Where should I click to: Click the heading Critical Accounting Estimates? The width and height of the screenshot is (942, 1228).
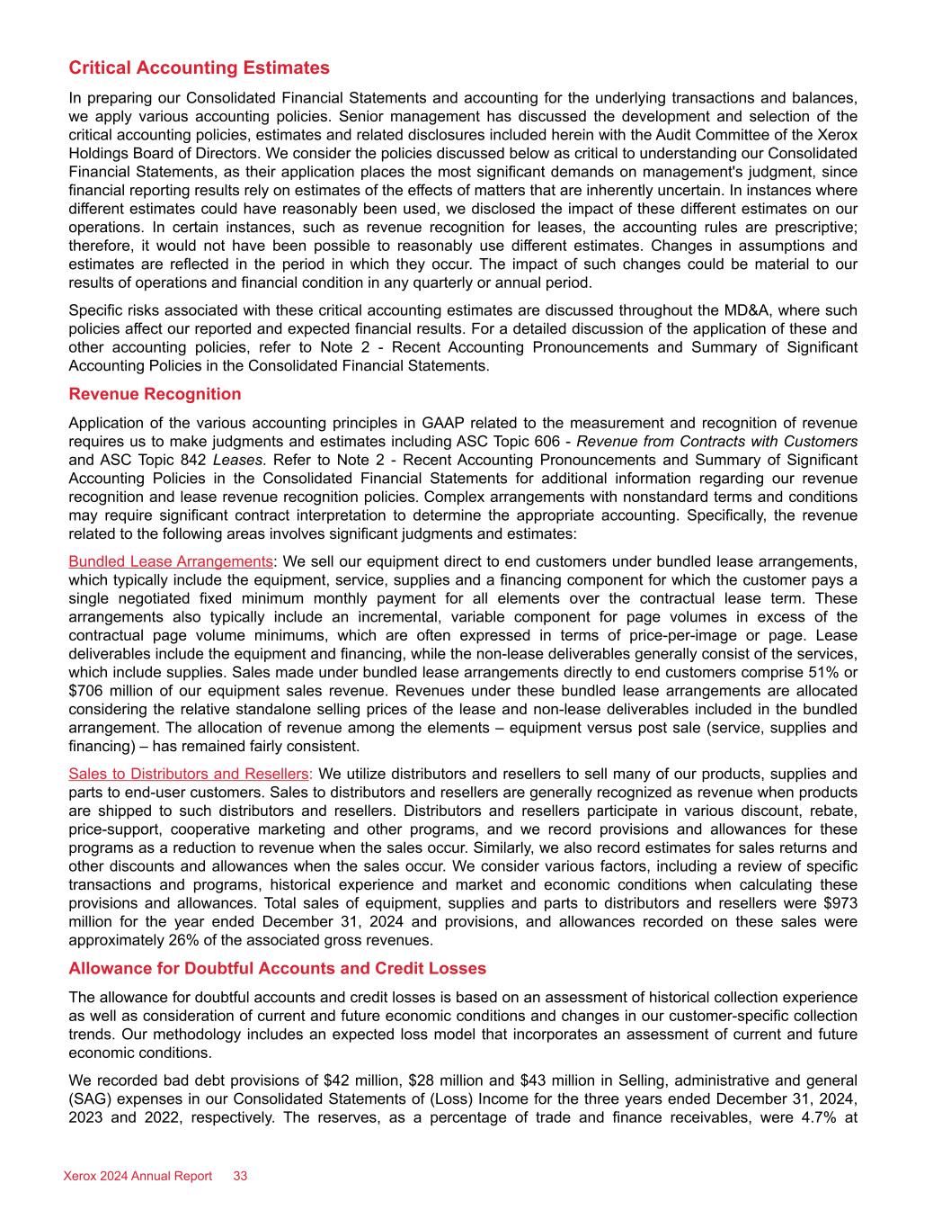coord(199,68)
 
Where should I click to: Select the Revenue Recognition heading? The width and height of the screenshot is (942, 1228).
coord(155,394)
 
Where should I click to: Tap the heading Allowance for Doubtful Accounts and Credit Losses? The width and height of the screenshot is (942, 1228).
coord(277,969)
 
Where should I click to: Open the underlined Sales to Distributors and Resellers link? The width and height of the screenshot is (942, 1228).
coord(189,774)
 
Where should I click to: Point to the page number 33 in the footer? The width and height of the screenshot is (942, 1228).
coord(241,1177)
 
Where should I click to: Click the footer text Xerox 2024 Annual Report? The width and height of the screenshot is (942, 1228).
coord(138,1177)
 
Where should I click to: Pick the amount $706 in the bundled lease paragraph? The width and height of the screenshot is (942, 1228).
coord(85,691)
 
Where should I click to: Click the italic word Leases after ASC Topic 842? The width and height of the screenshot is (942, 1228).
coord(237,460)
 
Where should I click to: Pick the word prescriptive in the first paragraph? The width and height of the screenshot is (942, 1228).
coord(811,227)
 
